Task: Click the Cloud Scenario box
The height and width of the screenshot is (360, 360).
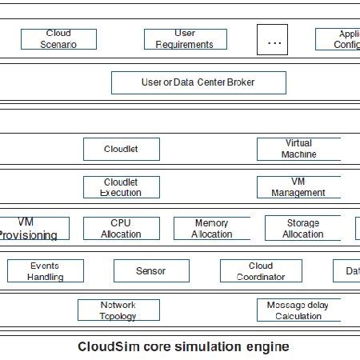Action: point(58,39)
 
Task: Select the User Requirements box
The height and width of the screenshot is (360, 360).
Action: point(185,39)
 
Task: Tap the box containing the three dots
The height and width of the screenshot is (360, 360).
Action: point(272,40)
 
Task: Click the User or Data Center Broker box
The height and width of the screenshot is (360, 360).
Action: point(198,82)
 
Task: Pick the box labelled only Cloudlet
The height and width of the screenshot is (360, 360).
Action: point(121,149)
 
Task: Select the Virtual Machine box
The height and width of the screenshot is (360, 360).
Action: point(298,149)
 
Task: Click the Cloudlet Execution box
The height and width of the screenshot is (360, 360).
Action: point(121,187)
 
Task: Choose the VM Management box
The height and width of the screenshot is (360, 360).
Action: point(298,187)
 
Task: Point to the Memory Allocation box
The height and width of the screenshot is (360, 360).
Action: point(211,229)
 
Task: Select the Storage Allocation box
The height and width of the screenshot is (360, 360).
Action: point(302,229)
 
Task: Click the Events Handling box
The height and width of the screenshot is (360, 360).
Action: point(46,271)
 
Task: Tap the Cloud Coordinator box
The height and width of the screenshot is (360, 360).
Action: point(261,271)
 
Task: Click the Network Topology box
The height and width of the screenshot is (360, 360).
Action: point(118,310)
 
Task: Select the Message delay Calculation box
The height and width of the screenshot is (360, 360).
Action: point(298,310)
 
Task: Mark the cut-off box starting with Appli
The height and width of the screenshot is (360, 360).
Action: point(338,39)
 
